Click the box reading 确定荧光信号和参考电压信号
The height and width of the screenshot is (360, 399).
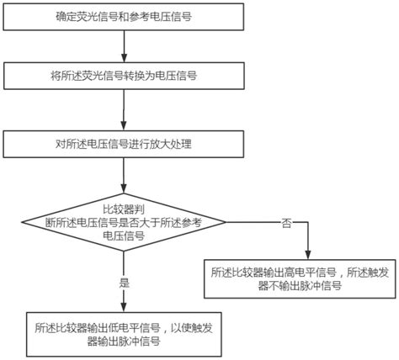124,15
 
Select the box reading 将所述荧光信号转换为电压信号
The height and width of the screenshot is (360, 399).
124,76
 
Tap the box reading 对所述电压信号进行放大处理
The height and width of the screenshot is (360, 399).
124,144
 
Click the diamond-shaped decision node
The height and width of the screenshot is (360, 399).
124,221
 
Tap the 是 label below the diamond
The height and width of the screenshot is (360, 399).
125,283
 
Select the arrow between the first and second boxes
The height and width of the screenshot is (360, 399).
124,45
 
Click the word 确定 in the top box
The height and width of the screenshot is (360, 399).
66,15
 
